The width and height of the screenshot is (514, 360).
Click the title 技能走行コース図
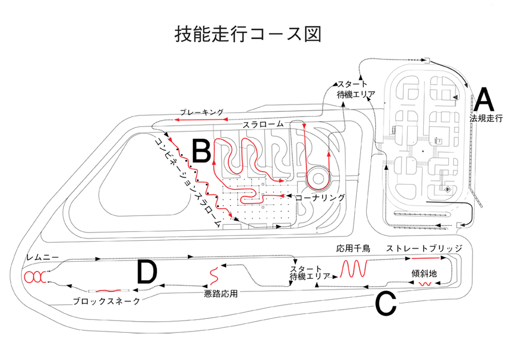pyautogui.click(x=247, y=34)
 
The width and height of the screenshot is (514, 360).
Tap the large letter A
pyautogui.click(x=484, y=100)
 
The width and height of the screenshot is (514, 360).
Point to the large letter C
pyautogui.click(x=385, y=304)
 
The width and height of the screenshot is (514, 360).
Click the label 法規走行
pyautogui.click(x=486, y=118)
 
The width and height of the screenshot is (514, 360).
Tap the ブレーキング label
pyautogui.click(x=202, y=113)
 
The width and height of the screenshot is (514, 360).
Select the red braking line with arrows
pyautogui.click(x=200, y=119)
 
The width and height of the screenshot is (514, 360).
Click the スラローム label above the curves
pyautogui.click(x=263, y=124)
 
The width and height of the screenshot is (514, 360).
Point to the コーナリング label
pyautogui.click(x=320, y=197)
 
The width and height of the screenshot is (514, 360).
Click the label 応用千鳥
pyautogui.click(x=353, y=249)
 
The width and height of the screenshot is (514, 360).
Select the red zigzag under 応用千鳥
pyautogui.click(x=354, y=269)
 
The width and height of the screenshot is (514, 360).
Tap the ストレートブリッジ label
pyautogui.click(x=424, y=248)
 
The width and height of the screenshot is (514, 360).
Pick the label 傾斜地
pyautogui.click(x=424, y=274)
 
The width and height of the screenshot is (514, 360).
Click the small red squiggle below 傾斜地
pyautogui.click(x=426, y=283)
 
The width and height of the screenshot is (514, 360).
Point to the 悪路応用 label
pyautogui.click(x=220, y=294)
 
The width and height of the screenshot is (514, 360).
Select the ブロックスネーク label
pyautogui.click(x=107, y=301)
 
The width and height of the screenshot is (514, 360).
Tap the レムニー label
pyautogui.click(x=43, y=257)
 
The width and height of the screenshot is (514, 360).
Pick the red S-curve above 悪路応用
pyautogui.click(x=214, y=276)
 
